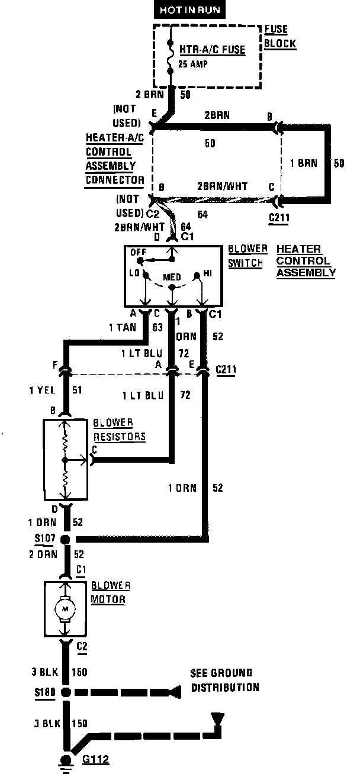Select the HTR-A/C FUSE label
pyautogui.click(x=204, y=49)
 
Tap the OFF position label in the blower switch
pyautogui.click(x=138, y=251)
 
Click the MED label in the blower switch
pyautogui.click(x=172, y=276)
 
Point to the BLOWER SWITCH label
pyautogui.click(x=247, y=256)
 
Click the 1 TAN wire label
pyautogui.click(x=122, y=326)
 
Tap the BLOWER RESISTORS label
pyautogui.click(x=119, y=430)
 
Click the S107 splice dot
pyautogui.click(x=66, y=539)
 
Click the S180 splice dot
pyautogui.click(x=66, y=691)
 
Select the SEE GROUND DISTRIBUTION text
pyautogui.click(x=224, y=680)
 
